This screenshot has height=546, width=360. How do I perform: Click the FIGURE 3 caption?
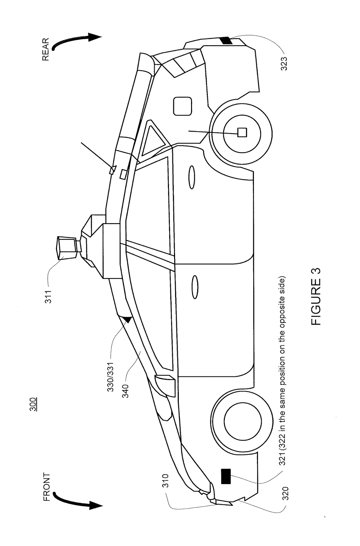pyautogui.click(x=316, y=297)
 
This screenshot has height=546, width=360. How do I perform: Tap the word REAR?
pyautogui.click(x=46, y=49)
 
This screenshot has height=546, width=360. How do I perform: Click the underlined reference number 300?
pyautogui.click(x=33, y=405)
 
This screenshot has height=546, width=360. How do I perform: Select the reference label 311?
pyautogui.click(x=48, y=297)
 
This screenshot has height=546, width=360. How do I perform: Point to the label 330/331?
pyautogui.click(x=111, y=376)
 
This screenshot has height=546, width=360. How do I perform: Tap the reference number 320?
pyautogui.click(x=285, y=493)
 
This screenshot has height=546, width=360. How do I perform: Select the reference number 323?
pyautogui.click(x=284, y=63)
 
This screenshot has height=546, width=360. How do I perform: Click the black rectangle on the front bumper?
pyautogui.click(x=226, y=476)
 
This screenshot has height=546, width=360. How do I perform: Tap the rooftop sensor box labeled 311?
pyautogui.click(x=67, y=248)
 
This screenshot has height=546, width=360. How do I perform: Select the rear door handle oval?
pyautogui.click(x=192, y=177)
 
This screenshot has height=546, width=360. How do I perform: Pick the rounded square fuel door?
pyautogui.click(x=182, y=106)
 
